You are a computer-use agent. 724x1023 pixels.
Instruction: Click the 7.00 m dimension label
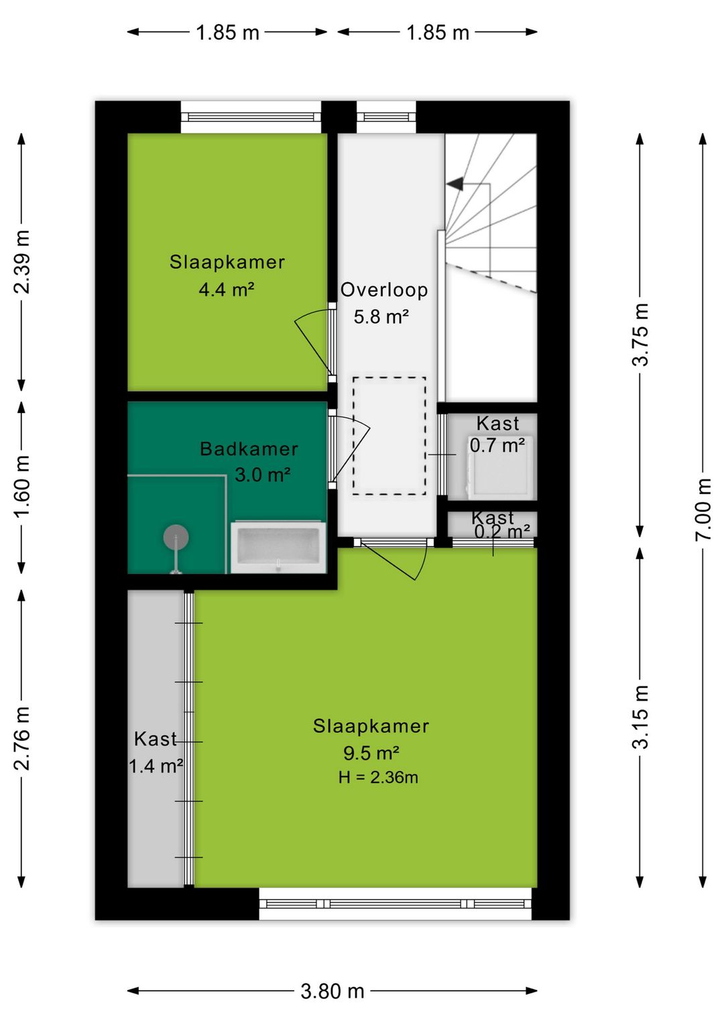coord(703,509)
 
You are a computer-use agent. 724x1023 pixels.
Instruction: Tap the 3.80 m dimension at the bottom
coord(332,991)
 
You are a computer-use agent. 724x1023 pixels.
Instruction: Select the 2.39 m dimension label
coord(22,261)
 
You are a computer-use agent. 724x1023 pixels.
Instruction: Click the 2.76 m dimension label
coord(22,737)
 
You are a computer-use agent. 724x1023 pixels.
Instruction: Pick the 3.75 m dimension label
coord(641,335)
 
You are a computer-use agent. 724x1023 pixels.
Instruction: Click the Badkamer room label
coord(249,448)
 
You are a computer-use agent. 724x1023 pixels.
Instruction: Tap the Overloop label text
coord(383,290)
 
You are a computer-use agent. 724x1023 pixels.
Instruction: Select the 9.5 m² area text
coord(371,753)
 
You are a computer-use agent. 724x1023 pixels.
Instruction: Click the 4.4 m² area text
coord(226,290)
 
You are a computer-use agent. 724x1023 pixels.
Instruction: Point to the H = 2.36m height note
coord(378,778)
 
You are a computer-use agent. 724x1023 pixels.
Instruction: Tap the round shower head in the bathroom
coord(176,537)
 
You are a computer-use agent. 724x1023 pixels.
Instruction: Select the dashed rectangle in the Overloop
coord(389,436)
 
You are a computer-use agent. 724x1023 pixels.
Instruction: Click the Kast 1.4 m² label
coord(156,752)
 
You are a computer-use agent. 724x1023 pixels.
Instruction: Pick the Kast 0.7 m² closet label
coord(497,434)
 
